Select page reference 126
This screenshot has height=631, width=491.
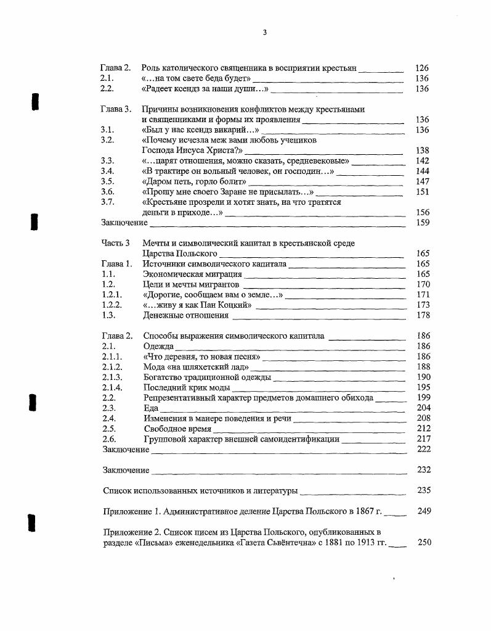click(422, 68)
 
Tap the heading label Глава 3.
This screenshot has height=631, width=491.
click(116, 110)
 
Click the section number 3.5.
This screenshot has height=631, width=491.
click(107, 181)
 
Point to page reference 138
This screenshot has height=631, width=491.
click(422, 151)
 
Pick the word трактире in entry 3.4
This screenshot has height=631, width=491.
click(173, 171)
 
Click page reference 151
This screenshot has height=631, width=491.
click(422, 192)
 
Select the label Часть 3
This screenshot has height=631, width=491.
click(116, 244)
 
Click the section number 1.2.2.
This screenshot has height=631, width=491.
click(112, 305)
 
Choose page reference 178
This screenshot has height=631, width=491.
click(423, 316)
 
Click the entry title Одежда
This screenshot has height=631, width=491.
click(158, 347)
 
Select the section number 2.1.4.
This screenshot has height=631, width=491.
click(112, 388)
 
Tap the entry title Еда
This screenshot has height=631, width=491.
click(151, 408)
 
